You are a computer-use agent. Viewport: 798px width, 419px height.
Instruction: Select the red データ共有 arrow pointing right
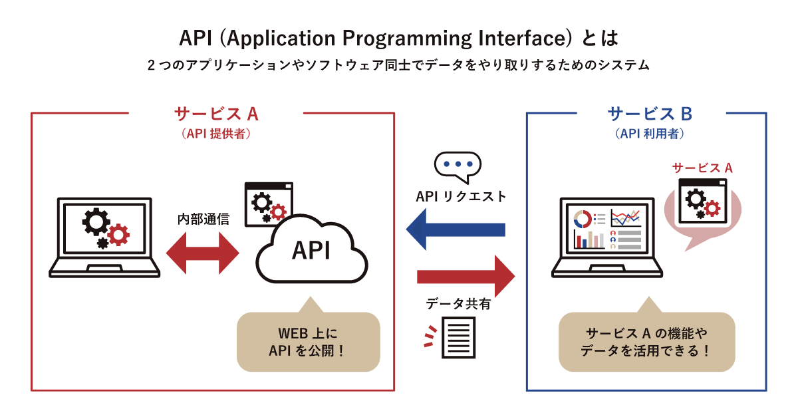(465, 275)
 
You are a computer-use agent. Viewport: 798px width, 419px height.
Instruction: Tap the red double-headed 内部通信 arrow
(202, 253)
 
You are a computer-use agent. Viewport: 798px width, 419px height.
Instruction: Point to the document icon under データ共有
(459, 337)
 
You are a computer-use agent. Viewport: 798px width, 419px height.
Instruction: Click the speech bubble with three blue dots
(457, 166)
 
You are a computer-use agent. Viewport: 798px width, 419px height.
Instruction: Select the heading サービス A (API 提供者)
(216, 114)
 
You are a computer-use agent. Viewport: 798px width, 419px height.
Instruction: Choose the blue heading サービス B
(650, 114)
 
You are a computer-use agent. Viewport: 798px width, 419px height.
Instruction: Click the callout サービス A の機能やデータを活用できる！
(646, 341)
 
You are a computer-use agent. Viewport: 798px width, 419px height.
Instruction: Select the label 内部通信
(203, 219)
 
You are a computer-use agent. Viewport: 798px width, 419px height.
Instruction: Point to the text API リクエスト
(461, 197)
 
